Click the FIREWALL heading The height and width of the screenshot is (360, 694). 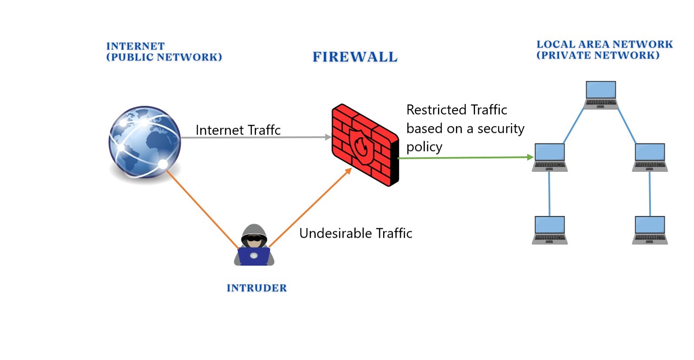coord(355,57)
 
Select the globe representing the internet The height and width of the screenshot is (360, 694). coord(145,142)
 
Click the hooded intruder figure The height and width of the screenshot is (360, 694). coord(254,246)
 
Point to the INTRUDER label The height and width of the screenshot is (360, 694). coord(256,288)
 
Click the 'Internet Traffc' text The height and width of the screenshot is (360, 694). coord(238,130)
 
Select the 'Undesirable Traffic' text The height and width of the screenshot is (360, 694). coord(355,233)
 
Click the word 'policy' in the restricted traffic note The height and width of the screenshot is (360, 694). coord(424,147)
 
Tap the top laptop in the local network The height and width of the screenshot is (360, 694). coord(600,94)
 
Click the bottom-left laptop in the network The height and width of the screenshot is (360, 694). coord(549,230)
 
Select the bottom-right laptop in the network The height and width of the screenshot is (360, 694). coord(650,230)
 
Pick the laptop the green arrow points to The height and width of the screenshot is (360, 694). coord(549,157)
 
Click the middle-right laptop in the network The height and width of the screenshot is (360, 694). coord(650,157)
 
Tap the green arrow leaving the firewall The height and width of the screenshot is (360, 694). coord(466,158)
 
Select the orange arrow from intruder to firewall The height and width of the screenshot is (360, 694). coord(310,208)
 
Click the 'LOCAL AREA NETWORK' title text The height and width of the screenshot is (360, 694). coord(604,44)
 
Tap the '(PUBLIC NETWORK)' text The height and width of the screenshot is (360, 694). coord(164,57)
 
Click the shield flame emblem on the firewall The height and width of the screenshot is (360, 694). coord(361,146)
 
